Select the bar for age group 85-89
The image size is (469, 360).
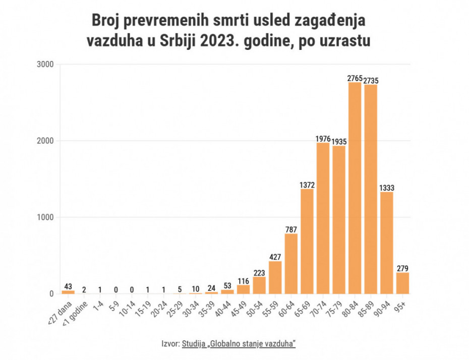pos(371,189)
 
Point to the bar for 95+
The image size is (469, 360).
pos(402,283)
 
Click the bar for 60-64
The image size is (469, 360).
pos(291,263)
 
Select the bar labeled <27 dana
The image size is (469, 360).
pos(68,291)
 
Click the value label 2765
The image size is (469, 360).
pos(355,78)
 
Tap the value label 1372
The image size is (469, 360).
pos(307,185)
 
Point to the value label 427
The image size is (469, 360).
pos(275,257)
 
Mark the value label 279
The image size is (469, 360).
pos(402,269)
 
